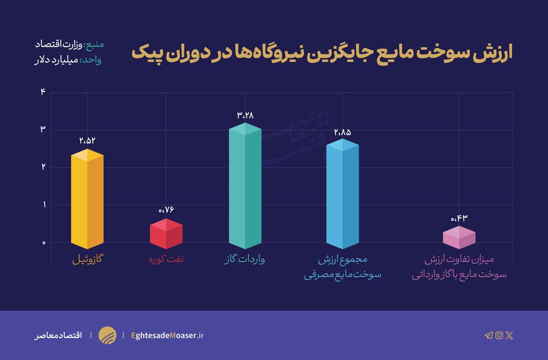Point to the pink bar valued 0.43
pos(459,238)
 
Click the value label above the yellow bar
pos(87,140)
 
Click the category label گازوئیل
pos(88,259)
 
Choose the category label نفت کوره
pos(166,259)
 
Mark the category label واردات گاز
pos(245,259)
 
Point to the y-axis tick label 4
pos(43,92)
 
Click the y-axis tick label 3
pos(43,129)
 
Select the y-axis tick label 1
pos(43,205)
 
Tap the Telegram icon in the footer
pos(488,335)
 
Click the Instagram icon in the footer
pos(499,335)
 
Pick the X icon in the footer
pos(509,335)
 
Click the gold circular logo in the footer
pos(107,335)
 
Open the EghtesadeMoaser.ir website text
pos(167,335)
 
